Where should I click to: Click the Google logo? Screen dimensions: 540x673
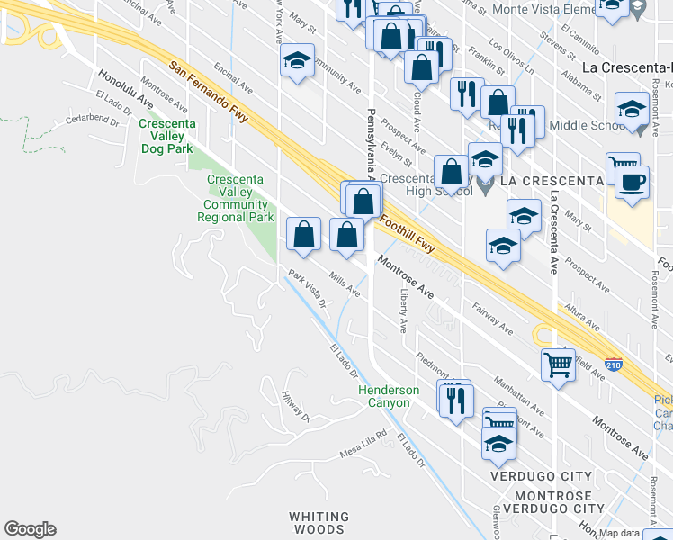(x=30, y=529)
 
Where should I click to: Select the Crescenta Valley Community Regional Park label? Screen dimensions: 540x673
(x=235, y=198)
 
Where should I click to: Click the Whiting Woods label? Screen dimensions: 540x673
(x=318, y=523)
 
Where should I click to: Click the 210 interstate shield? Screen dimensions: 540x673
(x=614, y=365)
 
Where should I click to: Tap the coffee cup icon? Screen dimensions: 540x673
(x=633, y=182)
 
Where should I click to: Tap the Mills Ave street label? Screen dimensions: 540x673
(x=345, y=285)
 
